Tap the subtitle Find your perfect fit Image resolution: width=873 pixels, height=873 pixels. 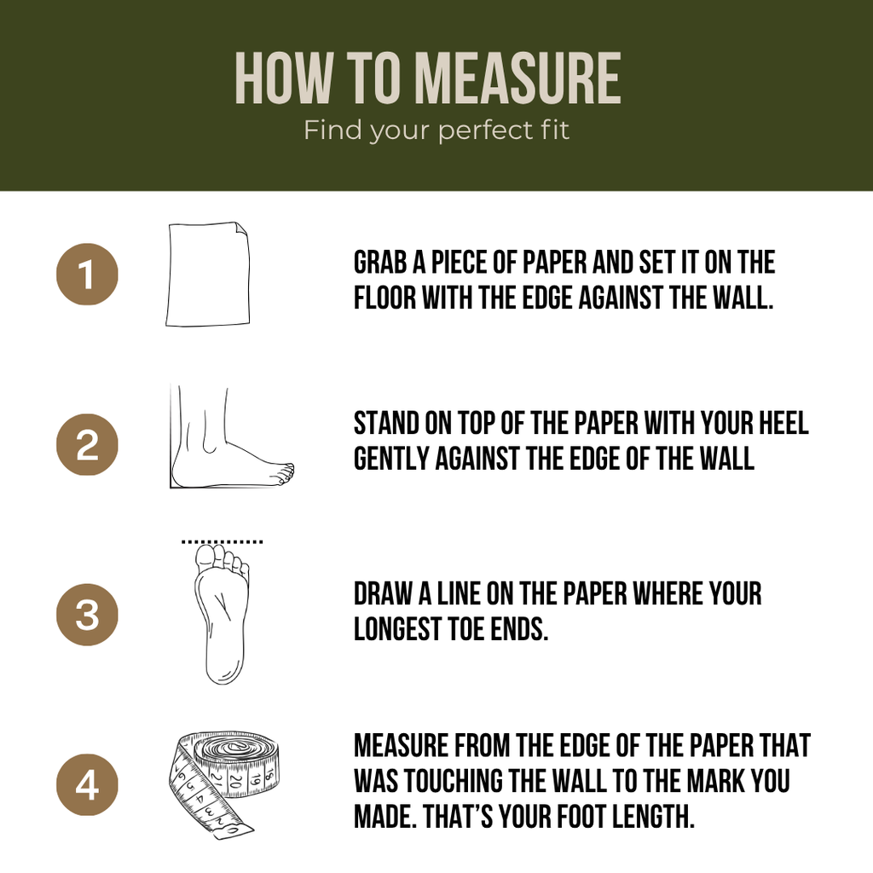(436, 130)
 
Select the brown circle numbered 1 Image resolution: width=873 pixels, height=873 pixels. (88, 274)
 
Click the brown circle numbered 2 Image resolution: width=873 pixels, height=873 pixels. (88, 444)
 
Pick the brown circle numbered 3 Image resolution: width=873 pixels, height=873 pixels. (88, 615)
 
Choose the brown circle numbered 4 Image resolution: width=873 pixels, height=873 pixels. (88, 785)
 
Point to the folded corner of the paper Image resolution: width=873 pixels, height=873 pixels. (242, 228)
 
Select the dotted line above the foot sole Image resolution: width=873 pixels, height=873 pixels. (223, 541)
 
